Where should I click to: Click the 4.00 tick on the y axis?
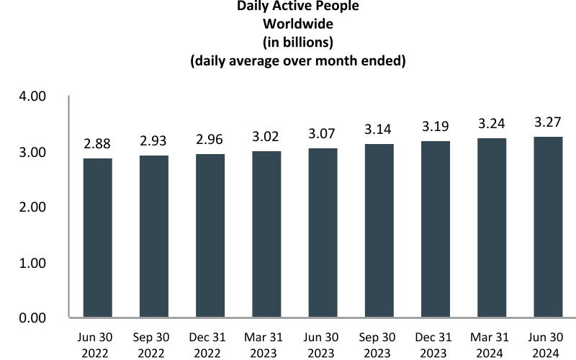tap(32, 97)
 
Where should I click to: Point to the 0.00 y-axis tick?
tap(32, 318)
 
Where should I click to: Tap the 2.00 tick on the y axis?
tap(32, 207)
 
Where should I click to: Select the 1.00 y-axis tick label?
tap(32, 263)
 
